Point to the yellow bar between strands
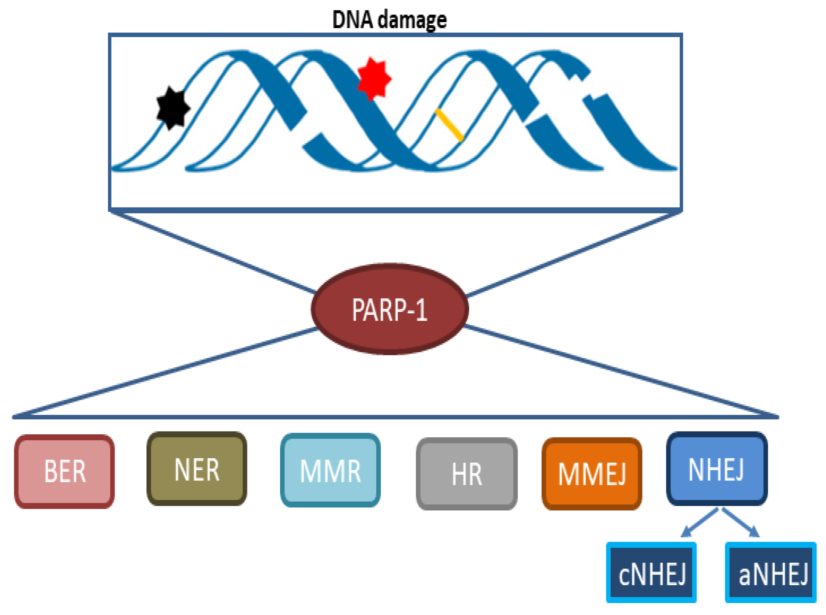coord(449,125)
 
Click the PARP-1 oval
coord(389,309)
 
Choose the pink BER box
coord(64,471)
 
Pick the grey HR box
coord(467,474)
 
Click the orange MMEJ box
coord(592,474)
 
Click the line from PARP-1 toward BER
coord(167,372)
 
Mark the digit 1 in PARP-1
coord(421,310)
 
